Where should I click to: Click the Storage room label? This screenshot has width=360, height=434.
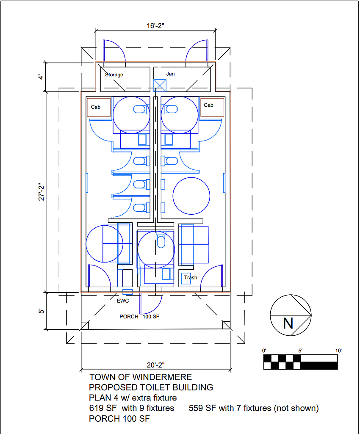coord(114,75)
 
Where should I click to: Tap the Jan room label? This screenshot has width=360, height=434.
coord(170,74)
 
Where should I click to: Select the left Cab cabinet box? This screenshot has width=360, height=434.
coord(99,107)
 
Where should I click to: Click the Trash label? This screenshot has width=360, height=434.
coord(191,278)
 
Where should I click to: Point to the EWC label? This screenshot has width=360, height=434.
coord(122,301)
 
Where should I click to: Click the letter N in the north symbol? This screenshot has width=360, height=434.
coord(288,323)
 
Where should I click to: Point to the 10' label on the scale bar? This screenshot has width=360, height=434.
coord(338,351)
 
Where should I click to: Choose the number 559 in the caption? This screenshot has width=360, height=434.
coord(196,408)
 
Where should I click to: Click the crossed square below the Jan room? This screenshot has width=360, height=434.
coord(160,85)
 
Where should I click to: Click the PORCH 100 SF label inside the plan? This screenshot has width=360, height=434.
coord(141,316)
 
